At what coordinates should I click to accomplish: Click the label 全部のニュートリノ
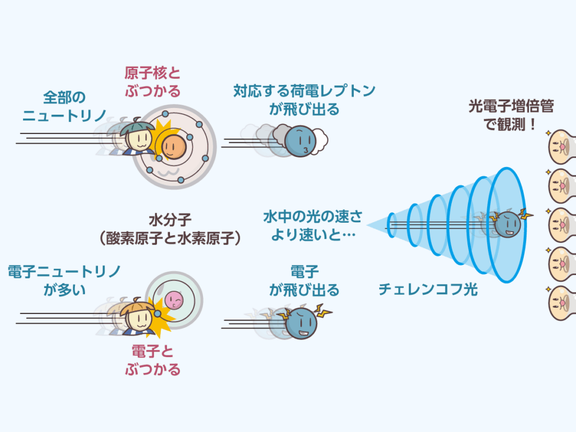click(x=64, y=107)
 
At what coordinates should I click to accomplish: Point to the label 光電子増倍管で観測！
click(x=511, y=115)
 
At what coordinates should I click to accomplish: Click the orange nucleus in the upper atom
click(x=173, y=146)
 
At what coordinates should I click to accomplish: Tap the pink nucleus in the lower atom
click(x=174, y=301)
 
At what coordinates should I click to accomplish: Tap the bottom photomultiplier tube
click(x=561, y=301)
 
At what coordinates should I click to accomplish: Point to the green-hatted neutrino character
click(x=137, y=138)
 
